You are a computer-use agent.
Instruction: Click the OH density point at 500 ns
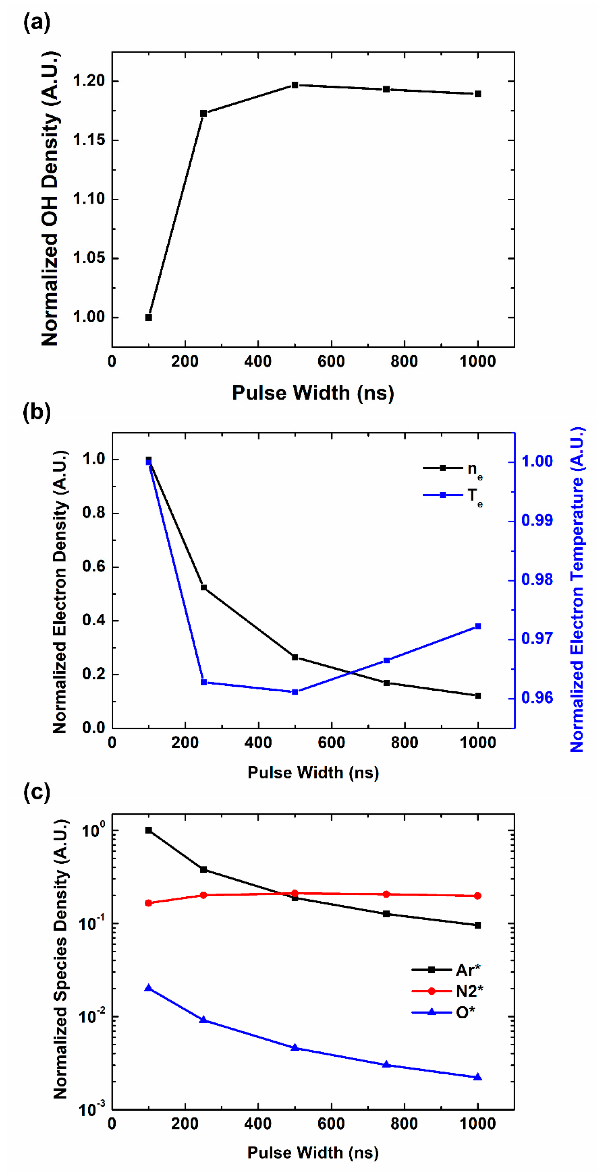click(x=295, y=85)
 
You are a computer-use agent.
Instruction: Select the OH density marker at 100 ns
click(x=148, y=318)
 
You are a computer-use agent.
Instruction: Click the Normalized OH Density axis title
click(x=50, y=199)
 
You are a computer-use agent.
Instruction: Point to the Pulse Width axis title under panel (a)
click(x=313, y=392)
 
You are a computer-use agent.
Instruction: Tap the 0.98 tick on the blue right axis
click(x=537, y=580)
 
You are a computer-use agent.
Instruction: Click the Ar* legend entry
click(x=446, y=970)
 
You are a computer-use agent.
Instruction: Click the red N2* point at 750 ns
click(x=386, y=894)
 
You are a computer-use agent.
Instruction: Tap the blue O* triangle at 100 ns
click(x=148, y=988)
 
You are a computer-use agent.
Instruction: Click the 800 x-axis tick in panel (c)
click(x=404, y=1124)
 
